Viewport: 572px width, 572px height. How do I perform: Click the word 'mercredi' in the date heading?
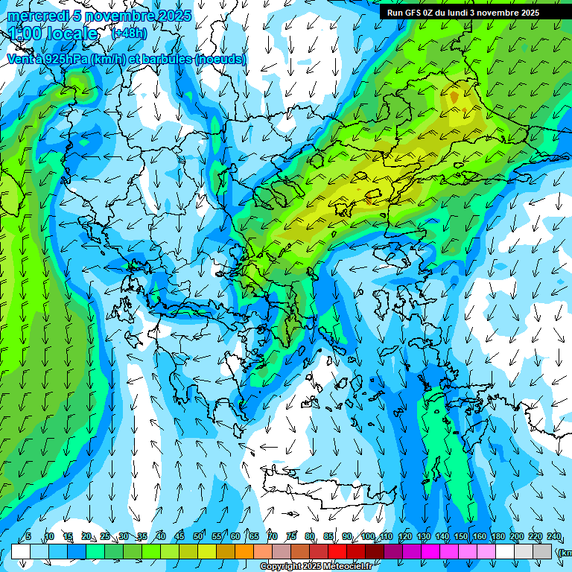click(x=34, y=16)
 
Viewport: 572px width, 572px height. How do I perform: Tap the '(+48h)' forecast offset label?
click(x=129, y=33)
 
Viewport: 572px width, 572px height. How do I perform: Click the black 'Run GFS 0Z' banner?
click(x=469, y=12)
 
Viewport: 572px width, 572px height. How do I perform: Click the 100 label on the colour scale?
click(x=367, y=537)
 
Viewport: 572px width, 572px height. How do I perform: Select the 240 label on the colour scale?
click(x=553, y=537)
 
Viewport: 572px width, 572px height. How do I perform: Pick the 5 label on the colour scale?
click(x=28, y=537)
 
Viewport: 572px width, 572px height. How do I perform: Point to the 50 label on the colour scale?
click(x=197, y=537)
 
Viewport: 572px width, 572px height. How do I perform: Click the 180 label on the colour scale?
click(x=498, y=537)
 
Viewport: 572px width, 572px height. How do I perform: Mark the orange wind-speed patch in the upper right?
click(x=454, y=98)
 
